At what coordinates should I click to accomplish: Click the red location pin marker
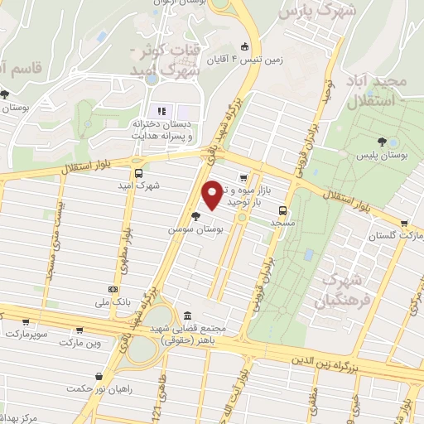point(213,194)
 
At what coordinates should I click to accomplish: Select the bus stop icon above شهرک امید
point(138,174)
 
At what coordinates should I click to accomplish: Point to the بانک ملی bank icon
point(113,289)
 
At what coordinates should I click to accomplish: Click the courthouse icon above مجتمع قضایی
point(188,316)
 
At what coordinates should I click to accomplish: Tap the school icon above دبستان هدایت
point(161,112)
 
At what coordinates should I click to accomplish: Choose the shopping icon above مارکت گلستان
point(403,223)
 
